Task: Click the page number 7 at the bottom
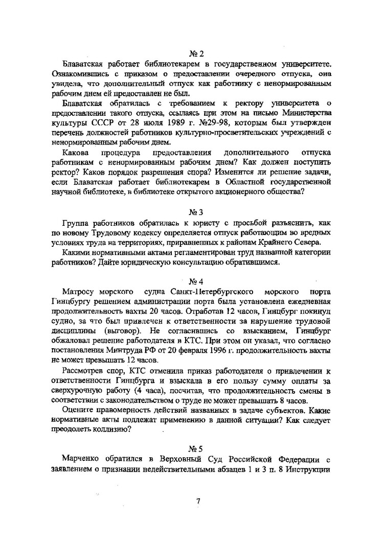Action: tap(198, 501)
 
